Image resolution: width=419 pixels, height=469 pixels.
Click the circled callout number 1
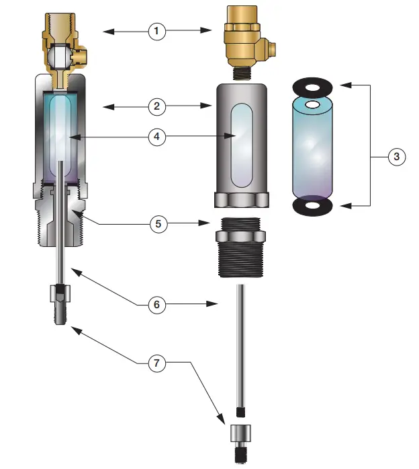[x=157, y=31]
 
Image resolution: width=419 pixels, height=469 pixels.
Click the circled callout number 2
[x=157, y=106]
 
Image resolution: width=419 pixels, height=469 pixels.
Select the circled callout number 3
[x=396, y=156]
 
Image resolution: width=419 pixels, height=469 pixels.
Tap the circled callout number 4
[x=157, y=137]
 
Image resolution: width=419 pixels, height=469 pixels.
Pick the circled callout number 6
[x=157, y=304]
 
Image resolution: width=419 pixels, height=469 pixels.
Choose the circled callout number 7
[x=157, y=363]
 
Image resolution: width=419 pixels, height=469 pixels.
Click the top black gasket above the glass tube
[x=313, y=86]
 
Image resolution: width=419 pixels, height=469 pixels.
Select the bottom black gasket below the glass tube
[x=313, y=205]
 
